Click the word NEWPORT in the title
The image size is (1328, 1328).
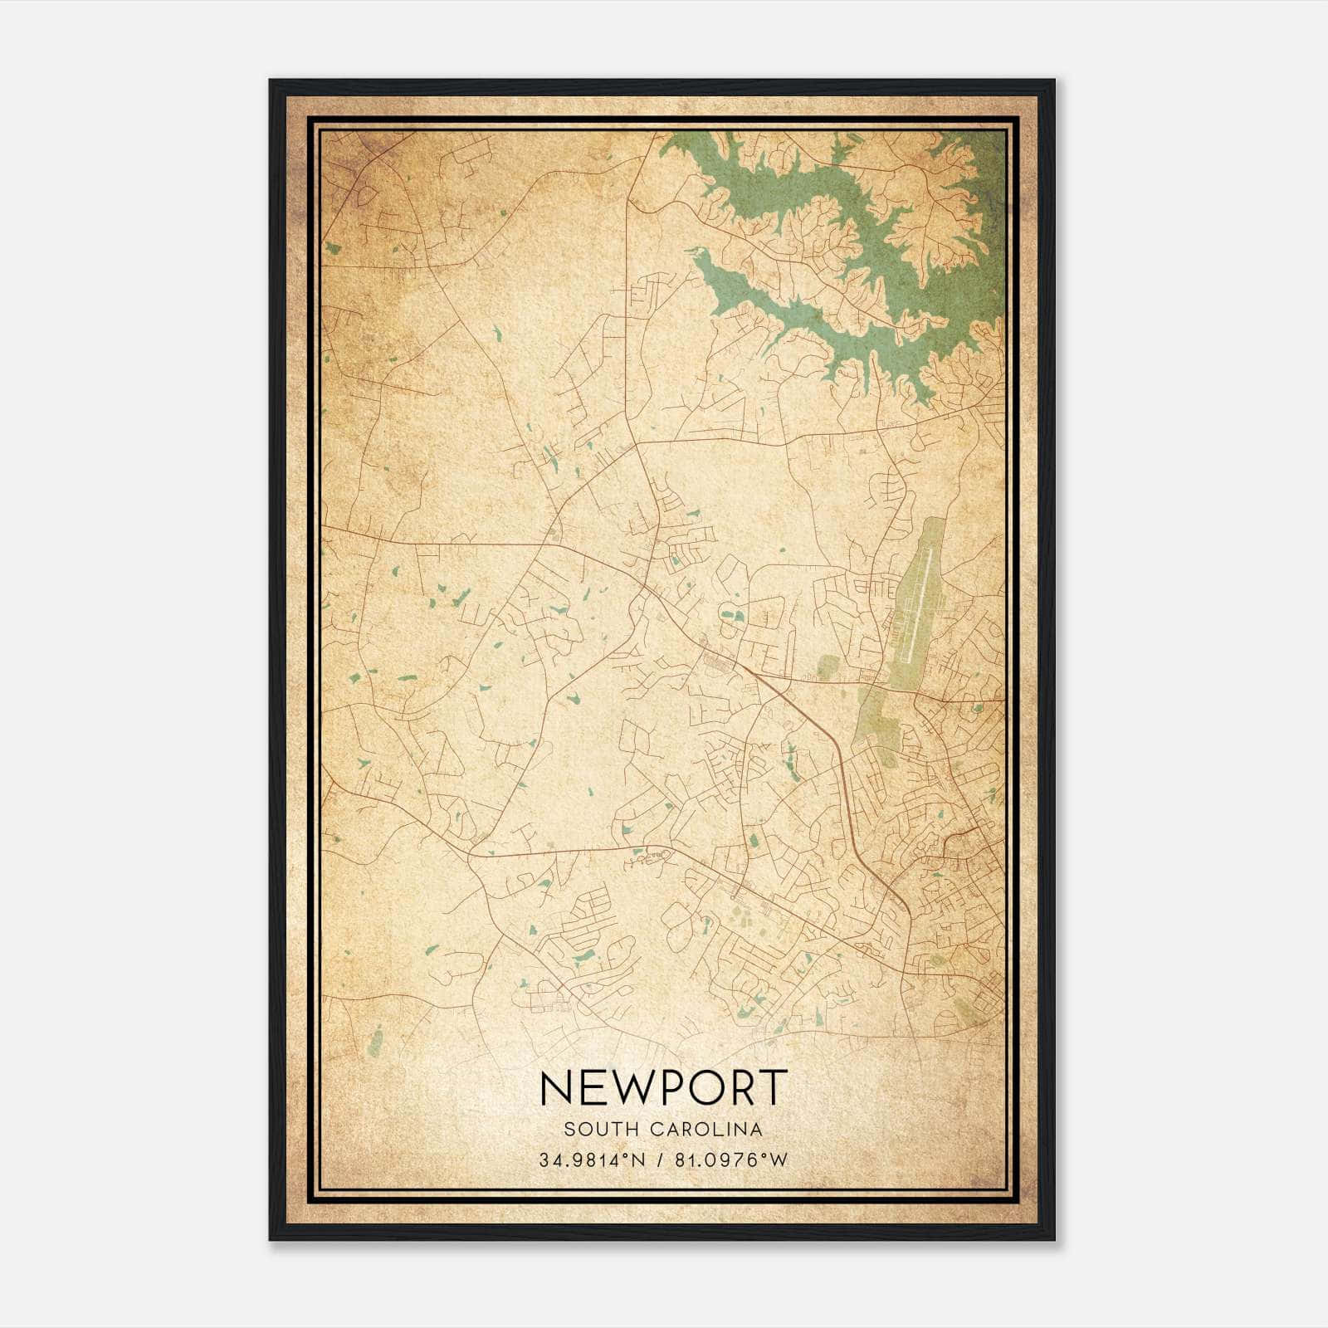(662, 1088)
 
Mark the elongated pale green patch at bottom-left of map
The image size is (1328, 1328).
(375, 1037)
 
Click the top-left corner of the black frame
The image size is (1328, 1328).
(271, 81)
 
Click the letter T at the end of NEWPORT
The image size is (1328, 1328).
(773, 1088)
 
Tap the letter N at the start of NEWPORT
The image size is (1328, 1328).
(555, 1088)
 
